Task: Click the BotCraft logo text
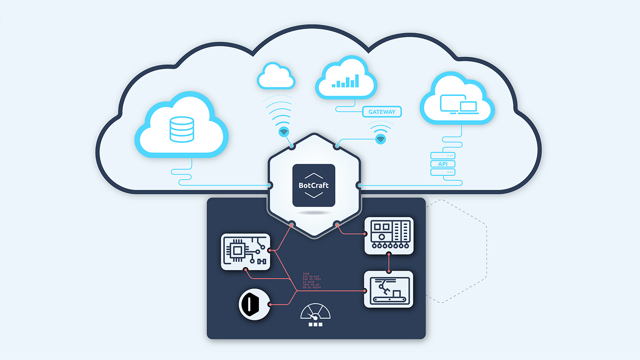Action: coord(314,186)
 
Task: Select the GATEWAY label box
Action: coord(382,112)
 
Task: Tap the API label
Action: coord(443,164)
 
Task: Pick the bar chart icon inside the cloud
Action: coord(346,81)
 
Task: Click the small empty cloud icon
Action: coord(276,76)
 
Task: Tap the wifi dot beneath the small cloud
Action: coord(284,132)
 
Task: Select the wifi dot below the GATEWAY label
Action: coord(381,139)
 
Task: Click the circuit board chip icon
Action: coord(245,251)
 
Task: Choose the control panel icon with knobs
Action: coord(389,235)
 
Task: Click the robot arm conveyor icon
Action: coord(389,289)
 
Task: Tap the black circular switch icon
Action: coord(254,305)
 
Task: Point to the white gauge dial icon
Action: coord(315,312)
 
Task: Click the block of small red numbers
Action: coord(311,281)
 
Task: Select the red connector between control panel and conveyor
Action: coord(389,263)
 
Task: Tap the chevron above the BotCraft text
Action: coord(314,176)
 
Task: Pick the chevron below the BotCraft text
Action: coord(314,195)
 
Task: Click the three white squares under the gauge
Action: coord(315,325)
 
